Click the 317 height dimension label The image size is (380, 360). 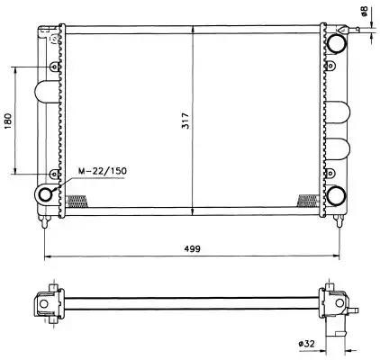(x=186, y=121)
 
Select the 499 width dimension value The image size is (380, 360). (x=193, y=248)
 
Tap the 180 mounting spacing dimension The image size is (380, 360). (x=8, y=121)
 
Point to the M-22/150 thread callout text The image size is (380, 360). (x=103, y=171)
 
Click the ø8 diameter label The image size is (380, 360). (x=364, y=11)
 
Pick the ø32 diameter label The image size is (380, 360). (x=306, y=344)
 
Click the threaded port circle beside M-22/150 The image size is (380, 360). (x=46, y=193)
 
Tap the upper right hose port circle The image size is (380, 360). (x=336, y=44)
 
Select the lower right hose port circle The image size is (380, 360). (x=336, y=195)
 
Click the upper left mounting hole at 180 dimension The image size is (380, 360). (x=54, y=67)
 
